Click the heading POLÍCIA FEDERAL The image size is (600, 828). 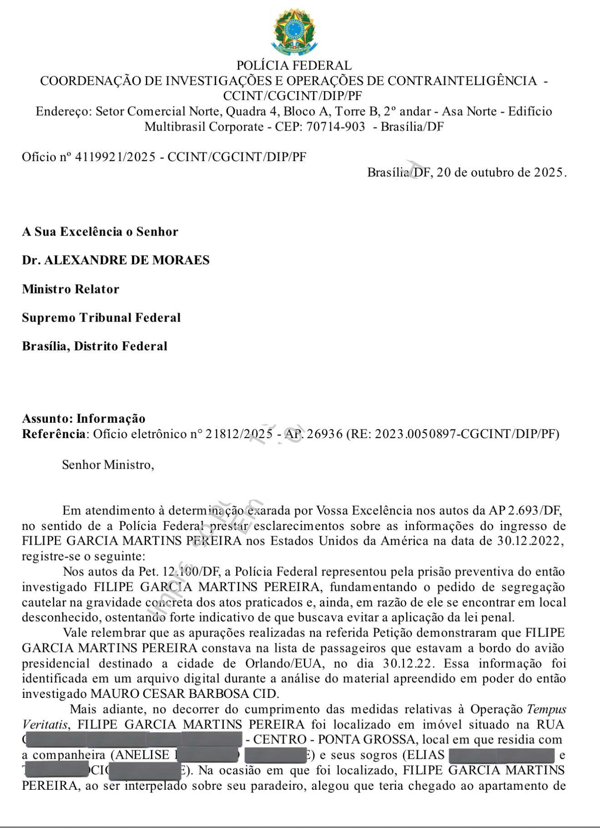click(294, 66)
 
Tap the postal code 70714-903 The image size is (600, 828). click(336, 127)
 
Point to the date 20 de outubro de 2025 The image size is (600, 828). click(501, 172)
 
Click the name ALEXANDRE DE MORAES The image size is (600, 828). click(127, 260)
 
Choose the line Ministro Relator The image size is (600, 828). click(71, 289)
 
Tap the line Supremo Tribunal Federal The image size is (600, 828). click(101, 318)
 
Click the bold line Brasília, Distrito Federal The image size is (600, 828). click(95, 346)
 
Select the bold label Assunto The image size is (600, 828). click(47, 419)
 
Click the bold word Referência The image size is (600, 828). click(53, 434)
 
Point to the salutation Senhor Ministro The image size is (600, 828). click(108, 465)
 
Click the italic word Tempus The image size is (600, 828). click(546, 709)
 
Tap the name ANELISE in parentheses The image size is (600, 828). click(142, 755)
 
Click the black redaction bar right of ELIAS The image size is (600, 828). click(502, 755)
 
